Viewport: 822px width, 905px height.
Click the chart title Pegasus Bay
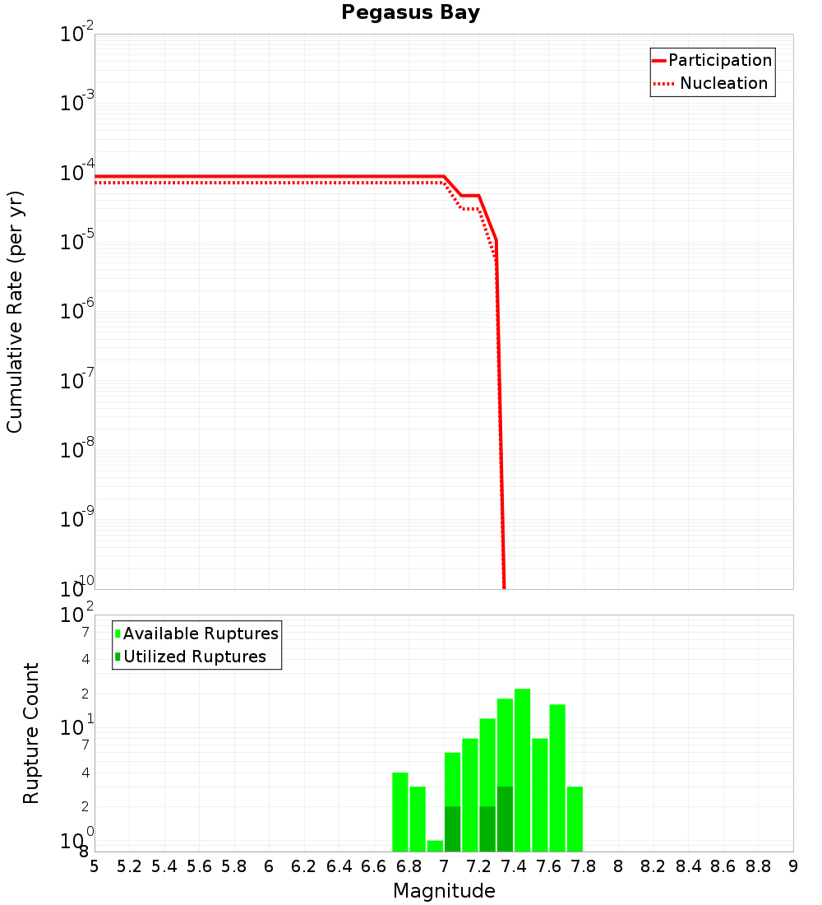[x=410, y=13]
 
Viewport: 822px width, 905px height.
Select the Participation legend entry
[x=719, y=61]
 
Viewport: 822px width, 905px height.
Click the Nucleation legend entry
[x=723, y=84]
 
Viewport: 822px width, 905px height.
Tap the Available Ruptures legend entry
[x=201, y=634]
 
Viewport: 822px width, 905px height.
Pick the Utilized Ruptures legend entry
[x=194, y=657]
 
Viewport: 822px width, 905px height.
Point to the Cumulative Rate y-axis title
[x=15, y=312]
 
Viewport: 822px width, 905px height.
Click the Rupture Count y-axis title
[x=31, y=733]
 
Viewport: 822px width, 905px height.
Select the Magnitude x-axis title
[x=444, y=891]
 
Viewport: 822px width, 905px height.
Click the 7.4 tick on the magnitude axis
[x=514, y=866]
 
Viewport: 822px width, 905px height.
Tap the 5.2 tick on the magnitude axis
[x=130, y=866]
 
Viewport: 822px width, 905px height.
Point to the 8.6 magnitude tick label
[x=723, y=866]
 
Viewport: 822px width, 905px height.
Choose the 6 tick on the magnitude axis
[x=269, y=866]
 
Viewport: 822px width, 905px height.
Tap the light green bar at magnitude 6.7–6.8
[x=400, y=812]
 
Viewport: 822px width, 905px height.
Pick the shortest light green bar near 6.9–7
[x=435, y=846]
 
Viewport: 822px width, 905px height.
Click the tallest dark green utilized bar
[x=505, y=819]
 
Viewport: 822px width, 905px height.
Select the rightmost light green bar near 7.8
[x=575, y=819]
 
